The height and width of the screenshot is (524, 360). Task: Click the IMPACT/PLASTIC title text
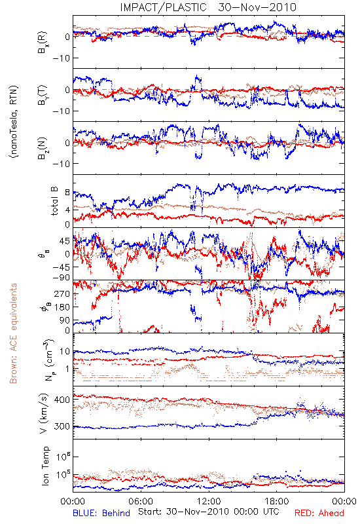click(x=163, y=7)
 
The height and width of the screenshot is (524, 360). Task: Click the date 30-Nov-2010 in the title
click(x=257, y=7)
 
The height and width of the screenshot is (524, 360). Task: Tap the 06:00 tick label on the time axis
click(x=141, y=501)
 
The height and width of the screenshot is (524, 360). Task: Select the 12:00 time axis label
click(x=209, y=501)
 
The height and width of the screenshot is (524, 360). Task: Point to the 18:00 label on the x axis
click(x=277, y=501)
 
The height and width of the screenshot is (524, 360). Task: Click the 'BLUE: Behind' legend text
click(x=101, y=513)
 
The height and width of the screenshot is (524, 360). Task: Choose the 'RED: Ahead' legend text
click(x=319, y=513)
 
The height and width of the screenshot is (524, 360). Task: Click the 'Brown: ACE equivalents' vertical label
click(x=13, y=333)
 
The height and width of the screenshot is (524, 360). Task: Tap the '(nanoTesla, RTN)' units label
click(x=14, y=121)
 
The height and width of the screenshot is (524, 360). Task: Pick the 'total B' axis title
click(x=55, y=201)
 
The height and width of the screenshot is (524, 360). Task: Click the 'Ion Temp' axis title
click(x=45, y=466)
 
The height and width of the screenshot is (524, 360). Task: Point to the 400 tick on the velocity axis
click(x=62, y=400)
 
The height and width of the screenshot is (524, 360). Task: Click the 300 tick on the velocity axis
click(x=62, y=426)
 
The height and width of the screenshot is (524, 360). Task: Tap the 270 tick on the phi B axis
click(x=62, y=293)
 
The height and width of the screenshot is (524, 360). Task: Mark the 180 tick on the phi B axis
click(x=62, y=307)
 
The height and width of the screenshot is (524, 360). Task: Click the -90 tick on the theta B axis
click(x=62, y=278)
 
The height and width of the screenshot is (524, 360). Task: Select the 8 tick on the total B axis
click(x=67, y=193)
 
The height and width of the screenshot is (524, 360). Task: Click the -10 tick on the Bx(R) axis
click(x=62, y=58)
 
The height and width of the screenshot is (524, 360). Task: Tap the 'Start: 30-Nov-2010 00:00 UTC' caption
click(x=209, y=512)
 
